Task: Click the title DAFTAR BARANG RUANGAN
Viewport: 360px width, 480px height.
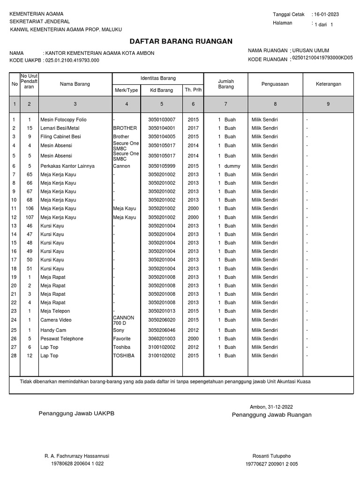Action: point(180,41)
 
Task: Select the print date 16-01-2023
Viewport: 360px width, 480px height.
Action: point(327,15)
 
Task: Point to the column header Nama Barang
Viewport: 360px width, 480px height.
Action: point(75,84)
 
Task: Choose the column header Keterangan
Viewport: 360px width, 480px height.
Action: point(328,84)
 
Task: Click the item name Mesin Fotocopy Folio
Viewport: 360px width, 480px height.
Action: point(63,120)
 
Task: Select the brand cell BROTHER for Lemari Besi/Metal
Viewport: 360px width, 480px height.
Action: point(125,128)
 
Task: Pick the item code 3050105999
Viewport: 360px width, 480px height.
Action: point(161,166)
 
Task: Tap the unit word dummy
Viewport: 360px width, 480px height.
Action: point(232,166)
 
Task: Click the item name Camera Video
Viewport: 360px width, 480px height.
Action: point(56,320)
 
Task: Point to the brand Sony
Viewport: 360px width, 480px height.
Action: point(119,330)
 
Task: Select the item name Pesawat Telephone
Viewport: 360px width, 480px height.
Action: point(62,338)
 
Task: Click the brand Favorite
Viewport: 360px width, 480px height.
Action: point(122,338)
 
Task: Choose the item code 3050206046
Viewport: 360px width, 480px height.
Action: point(161,330)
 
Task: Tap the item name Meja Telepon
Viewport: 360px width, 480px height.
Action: point(55,311)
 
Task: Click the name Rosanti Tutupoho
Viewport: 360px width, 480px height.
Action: point(271,456)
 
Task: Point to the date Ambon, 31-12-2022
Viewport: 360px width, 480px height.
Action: point(271,406)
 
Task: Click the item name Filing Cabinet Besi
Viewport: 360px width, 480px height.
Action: point(60,136)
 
